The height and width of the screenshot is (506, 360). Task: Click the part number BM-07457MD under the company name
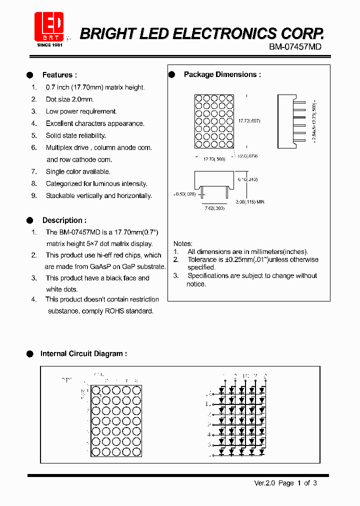[295, 46]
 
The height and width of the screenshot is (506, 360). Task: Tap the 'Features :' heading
[59, 75]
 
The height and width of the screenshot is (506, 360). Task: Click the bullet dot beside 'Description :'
[29, 220]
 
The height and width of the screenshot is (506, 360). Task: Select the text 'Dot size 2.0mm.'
[69, 99]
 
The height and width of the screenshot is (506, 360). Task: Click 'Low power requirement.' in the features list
[81, 111]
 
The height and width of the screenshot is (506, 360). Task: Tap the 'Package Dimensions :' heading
[222, 74]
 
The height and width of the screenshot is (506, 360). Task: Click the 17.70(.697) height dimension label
[249, 121]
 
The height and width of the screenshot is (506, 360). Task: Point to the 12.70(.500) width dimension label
[214, 159]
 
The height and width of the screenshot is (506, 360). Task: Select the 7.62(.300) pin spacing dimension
[214, 207]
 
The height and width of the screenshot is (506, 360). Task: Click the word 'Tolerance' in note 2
[202, 259]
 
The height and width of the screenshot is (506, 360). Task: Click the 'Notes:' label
[183, 243]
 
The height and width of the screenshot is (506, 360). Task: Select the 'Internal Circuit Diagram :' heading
[83, 353]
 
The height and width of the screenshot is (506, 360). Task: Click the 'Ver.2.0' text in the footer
[264, 483]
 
